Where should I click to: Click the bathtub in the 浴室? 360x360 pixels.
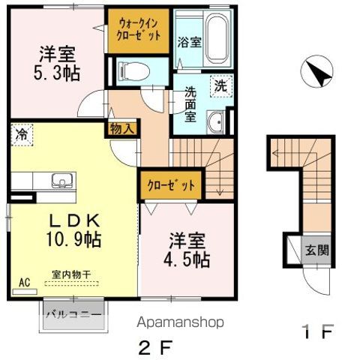tap(217, 39)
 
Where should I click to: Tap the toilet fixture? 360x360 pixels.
tap(134, 71)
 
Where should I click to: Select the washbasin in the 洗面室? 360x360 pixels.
tap(216, 122)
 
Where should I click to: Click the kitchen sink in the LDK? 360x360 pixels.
tap(62, 181)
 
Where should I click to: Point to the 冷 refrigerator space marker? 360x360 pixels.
tap(22, 135)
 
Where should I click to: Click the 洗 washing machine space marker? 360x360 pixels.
tap(221, 86)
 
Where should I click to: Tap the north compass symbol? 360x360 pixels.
tap(316, 71)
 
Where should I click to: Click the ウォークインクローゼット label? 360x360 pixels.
tap(138, 30)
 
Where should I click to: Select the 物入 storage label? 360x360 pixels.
tap(122, 129)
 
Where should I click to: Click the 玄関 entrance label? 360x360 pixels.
tap(317, 250)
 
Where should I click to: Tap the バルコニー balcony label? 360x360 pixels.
tap(74, 314)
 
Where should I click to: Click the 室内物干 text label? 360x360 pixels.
tap(71, 274)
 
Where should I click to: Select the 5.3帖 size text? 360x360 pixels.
tap(57, 73)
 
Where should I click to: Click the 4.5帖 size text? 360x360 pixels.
tap(187, 259)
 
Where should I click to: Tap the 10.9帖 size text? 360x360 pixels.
tap(73, 239)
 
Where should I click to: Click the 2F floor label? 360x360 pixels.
tap(155, 347)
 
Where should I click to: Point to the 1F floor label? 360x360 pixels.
tap(318, 331)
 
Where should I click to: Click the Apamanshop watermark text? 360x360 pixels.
tap(180, 322)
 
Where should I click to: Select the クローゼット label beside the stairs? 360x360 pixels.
tap(171, 185)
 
